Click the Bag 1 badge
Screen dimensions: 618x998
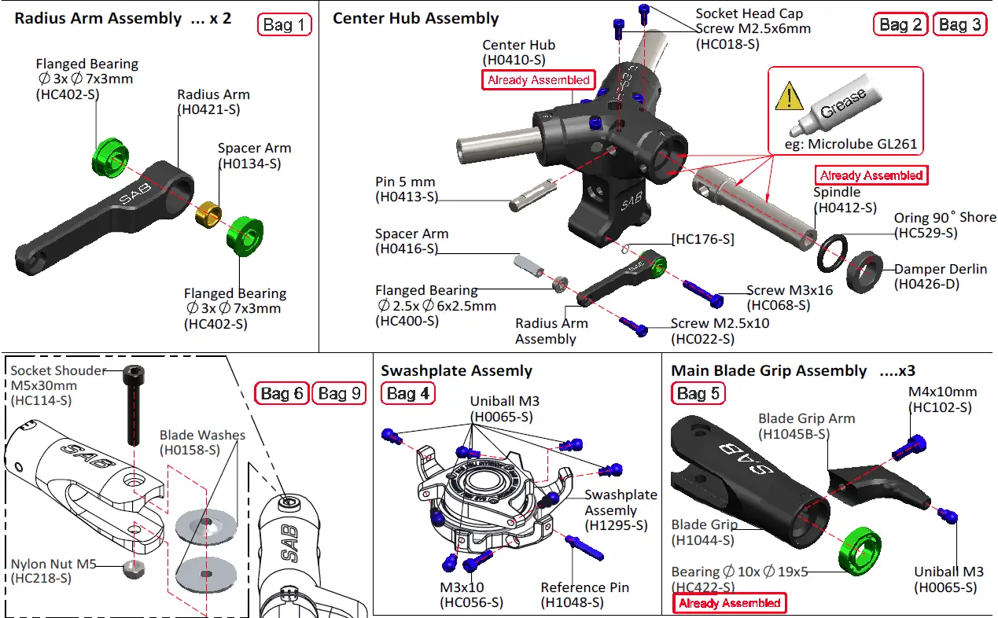(x=284, y=25)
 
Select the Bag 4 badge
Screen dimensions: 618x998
(x=407, y=393)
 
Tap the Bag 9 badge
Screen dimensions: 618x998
(x=339, y=393)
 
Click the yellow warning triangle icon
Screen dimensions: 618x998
(x=788, y=97)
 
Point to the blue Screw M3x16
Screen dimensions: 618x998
(x=702, y=292)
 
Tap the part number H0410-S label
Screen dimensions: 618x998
(x=514, y=59)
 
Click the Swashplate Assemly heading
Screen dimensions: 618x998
(x=456, y=370)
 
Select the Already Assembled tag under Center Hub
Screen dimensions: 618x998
(x=538, y=80)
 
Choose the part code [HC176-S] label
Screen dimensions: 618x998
(x=702, y=239)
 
